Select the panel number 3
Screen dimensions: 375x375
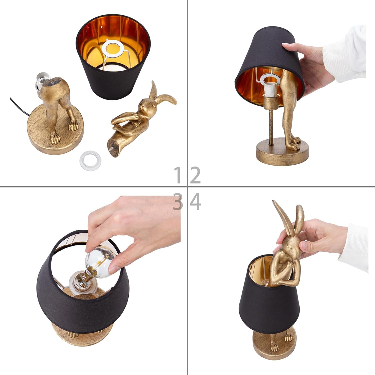tap(178, 202)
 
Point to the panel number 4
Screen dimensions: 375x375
tap(195, 202)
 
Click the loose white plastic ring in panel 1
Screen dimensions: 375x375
tap(90, 158)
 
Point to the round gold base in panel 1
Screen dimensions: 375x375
tap(55, 135)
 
